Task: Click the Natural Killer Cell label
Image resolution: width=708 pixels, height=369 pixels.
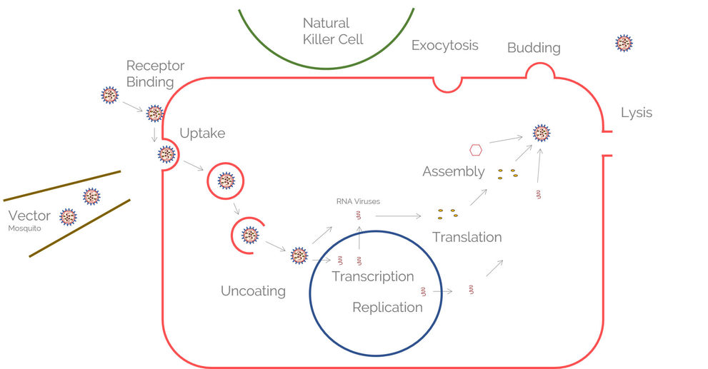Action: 333,31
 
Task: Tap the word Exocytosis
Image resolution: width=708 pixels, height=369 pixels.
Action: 444,46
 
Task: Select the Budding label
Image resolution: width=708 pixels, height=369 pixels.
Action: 534,48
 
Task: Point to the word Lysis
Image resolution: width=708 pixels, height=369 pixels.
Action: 636,113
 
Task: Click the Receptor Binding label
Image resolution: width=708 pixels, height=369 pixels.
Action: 155,74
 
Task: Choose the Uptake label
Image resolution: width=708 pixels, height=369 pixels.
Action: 202,133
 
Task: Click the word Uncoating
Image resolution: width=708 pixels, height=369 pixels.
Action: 253,291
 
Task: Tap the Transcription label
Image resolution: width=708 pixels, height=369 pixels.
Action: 372,276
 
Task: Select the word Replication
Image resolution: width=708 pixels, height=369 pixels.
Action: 387,308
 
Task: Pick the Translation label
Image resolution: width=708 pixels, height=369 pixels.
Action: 467,237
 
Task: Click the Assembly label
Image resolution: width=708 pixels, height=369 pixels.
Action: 453,172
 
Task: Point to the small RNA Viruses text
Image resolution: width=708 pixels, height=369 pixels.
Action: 358,201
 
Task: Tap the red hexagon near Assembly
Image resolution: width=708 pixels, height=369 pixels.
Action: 476,150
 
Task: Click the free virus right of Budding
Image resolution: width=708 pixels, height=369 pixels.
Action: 624,44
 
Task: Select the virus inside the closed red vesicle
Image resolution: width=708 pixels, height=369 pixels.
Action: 226,181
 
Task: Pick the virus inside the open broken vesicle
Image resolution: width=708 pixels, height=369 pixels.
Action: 250,234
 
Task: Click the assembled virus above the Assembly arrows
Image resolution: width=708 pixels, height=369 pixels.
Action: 542,133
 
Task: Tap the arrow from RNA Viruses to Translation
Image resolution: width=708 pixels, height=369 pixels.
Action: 398,215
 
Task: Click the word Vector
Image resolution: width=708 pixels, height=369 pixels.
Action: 29,216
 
